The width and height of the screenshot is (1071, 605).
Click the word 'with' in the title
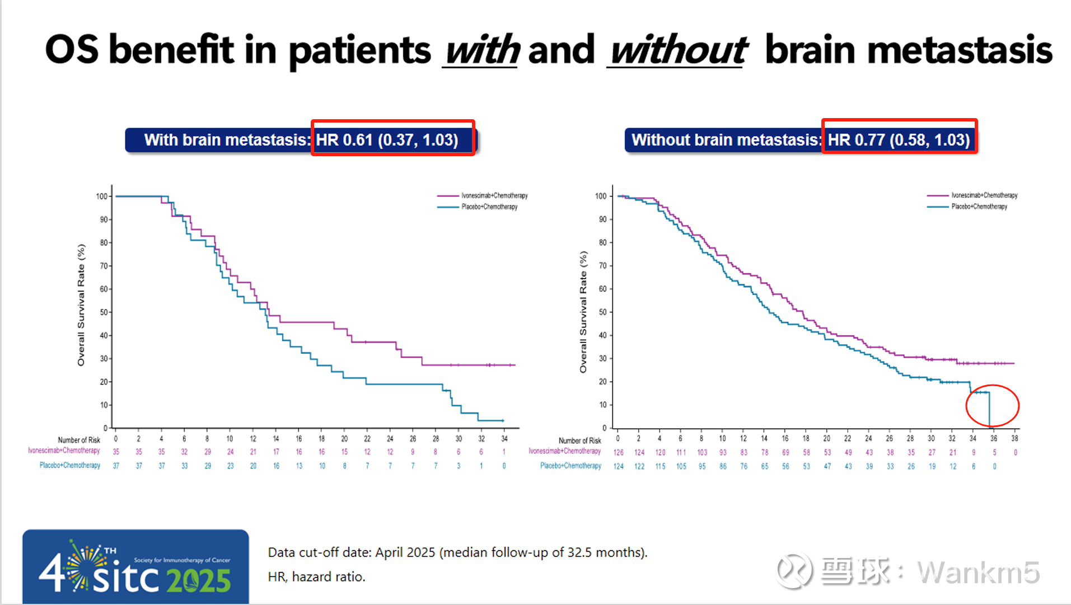pyautogui.click(x=482, y=50)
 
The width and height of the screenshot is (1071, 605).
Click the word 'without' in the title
pyautogui.click(x=677, y=50)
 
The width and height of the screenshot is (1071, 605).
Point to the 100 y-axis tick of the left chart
pyautogui.click(x=101, y=196)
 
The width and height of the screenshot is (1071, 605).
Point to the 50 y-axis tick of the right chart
pyautogui.click(x=602, y=312)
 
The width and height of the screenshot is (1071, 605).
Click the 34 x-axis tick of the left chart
pyautogui.click(x=504, y=439)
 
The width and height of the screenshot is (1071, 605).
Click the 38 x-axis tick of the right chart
pyautogui.click(x=1014, y=439)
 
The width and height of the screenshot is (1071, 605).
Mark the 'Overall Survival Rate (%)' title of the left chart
pyautogui.click(x=81, y=305)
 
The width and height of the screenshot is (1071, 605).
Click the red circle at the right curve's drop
pyautogui.click(x=992, y=406)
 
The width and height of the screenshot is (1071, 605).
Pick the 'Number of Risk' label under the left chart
pyautogui.click(x=79, y=440)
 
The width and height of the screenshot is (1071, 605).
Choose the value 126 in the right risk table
pyautogui.click(x=618, y=452)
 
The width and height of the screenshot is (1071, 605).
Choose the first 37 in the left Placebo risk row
pyautogui.click(x=116, y=466)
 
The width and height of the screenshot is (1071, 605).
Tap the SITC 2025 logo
pyautogui.click(x=135, y=566)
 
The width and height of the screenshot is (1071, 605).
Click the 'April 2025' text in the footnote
pyautogui.click(x=405, y=552)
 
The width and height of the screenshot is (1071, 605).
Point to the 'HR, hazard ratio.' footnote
pyautogui.click(x=316, y=576)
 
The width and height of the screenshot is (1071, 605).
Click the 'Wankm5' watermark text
pyautogui.click(x=978, y=573)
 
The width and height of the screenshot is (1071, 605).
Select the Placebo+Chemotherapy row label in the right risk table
pyautogui.click(x=570, y=466)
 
